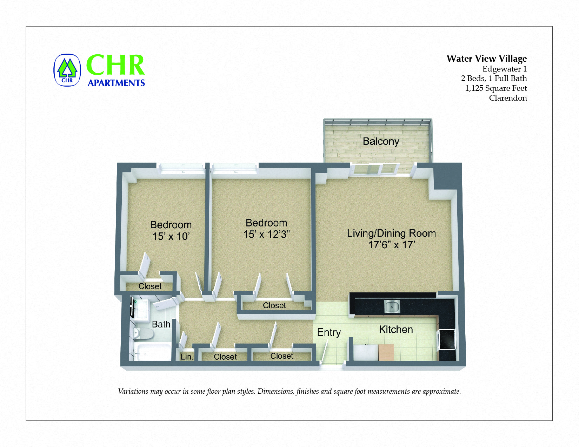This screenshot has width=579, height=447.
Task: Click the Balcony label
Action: point(381,141)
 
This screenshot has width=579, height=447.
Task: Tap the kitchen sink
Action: point(392,306)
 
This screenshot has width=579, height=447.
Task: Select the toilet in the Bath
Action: point(144,334)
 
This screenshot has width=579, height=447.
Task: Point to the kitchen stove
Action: point(447,340)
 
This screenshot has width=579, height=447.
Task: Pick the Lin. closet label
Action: point(187,357)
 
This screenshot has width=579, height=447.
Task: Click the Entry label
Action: point(329,332)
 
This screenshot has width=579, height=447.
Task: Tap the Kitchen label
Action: point(396,330)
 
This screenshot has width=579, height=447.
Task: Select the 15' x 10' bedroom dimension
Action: point(171,236)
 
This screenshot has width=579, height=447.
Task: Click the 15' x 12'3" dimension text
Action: point(266,234)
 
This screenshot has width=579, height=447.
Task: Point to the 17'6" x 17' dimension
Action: point(391,245)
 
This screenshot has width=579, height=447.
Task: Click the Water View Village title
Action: point(486,59)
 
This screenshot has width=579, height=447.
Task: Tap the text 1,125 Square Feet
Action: point(495,88)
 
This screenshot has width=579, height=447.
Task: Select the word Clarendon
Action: point(508,98)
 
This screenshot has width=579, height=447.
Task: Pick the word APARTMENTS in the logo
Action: point(116,83)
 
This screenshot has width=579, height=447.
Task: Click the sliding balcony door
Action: point(375,169)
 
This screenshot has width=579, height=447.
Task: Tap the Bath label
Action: point(161,324)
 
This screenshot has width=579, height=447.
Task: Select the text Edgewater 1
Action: point(504,69)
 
